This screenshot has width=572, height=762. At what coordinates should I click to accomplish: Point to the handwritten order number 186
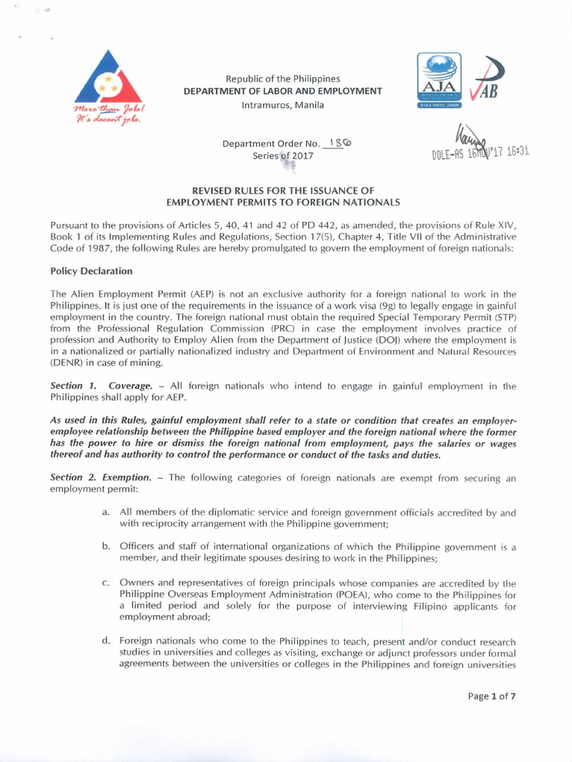(340, 143)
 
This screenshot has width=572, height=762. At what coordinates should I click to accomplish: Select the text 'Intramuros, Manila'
(282, 104)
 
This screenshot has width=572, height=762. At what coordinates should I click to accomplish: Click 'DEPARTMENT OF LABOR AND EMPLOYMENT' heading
(283, 91)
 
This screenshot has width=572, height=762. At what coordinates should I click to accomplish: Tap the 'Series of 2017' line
(283, 156)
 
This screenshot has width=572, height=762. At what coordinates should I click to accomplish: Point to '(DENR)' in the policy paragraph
(69, 363)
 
